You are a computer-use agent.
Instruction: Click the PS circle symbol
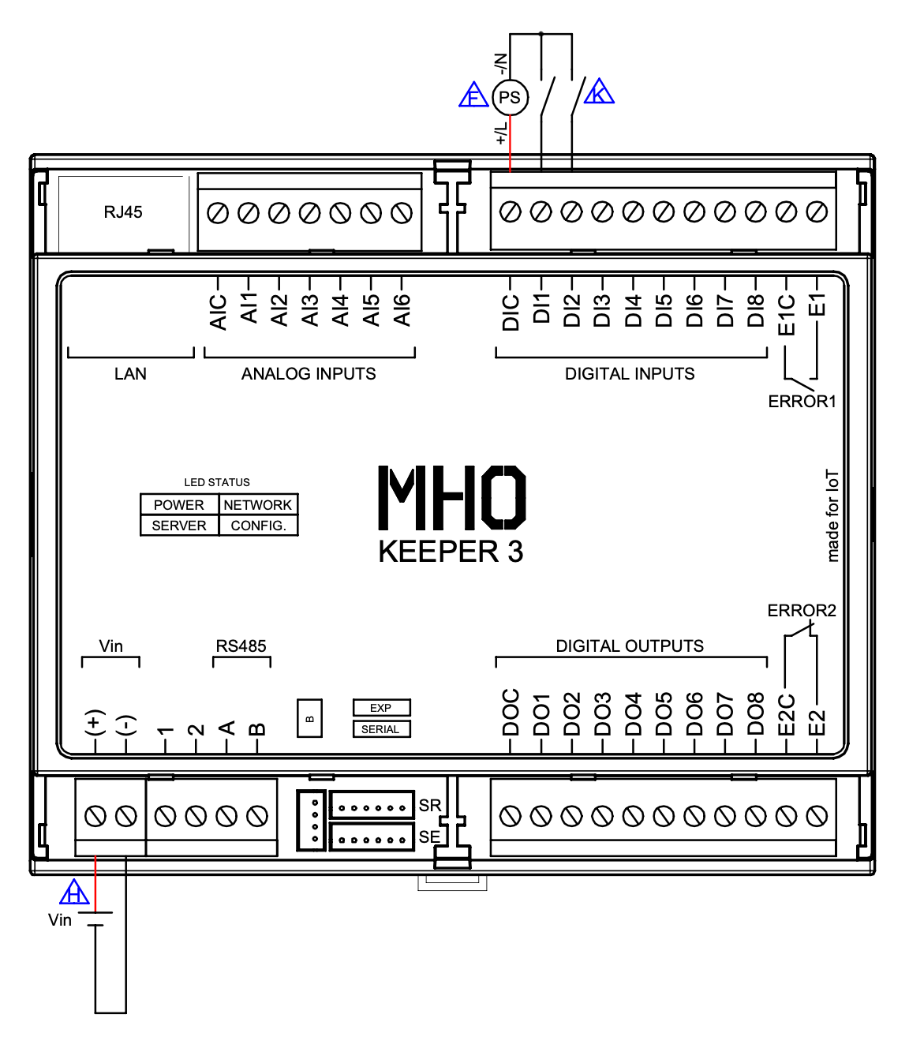[510, 97]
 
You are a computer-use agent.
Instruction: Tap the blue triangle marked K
[599, 92]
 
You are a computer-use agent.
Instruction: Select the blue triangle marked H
[75, 892]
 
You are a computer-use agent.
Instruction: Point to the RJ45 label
[123, 212]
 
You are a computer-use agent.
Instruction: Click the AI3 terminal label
[310, 310]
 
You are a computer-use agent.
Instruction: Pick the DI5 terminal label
[664, 310]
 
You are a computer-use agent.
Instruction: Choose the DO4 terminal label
[633, 713]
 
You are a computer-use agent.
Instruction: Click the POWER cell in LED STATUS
[179, 504]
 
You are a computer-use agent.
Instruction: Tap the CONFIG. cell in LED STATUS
[259, 526]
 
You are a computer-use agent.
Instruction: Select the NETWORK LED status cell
[259, 504]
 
